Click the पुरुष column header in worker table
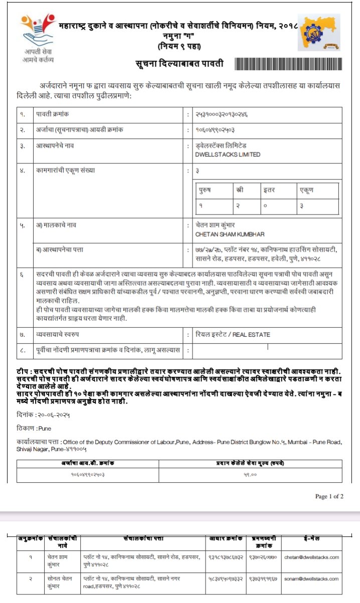[x=205, y=190]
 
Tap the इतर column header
[x=269, y=190]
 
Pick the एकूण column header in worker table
[x=306, y=190]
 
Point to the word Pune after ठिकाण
[x=45, y=429]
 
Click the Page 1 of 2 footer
[x=329, y=496]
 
